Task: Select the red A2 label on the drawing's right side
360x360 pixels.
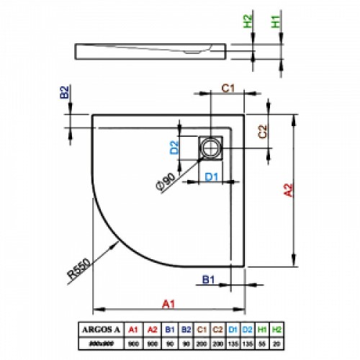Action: pos(289,190)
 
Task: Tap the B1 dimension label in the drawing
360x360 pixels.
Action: pos(207,279)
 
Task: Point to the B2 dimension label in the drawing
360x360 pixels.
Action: pos(64,92)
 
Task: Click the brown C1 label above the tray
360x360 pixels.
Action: pos(227,89)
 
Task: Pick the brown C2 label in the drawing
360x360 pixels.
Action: pos(263,131)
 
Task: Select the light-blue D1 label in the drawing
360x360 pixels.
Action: pos(211,176)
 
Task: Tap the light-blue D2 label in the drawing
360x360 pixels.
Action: pos(174,148)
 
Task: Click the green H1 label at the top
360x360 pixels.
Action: pos(276,22)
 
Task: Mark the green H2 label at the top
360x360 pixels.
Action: pos(248,22)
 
